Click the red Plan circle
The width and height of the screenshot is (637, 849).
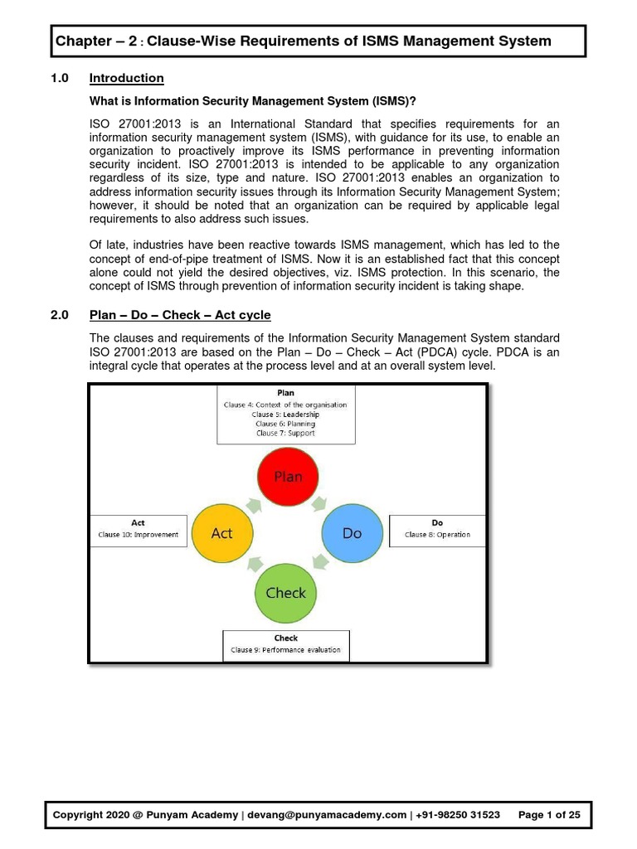click(x=288, y=475)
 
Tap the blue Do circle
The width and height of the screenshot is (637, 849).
click(x=352, y=532)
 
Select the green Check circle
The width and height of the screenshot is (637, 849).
click(x=286, y=592)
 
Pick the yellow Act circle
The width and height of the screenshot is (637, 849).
click(x=222, y=532)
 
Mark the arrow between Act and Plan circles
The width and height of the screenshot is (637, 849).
click(x=253, y=502)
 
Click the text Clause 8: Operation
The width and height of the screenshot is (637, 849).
click(x=437, y=535)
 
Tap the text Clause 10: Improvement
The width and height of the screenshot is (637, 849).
click(x=138, y=535)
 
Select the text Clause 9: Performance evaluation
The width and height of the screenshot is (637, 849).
click(x=285, y=650)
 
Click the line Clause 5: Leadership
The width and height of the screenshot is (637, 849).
click(x=285, y=414)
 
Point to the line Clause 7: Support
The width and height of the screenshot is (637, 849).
click(x=285, y=433)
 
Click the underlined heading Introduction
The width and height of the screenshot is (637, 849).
click(x=126, y=78)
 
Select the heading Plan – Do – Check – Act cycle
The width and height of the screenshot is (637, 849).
click(x=180, y=315)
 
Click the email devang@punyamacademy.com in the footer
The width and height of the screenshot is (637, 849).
click(x=327, y=815)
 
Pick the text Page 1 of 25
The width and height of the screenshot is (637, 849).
click(x=548, y=815)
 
